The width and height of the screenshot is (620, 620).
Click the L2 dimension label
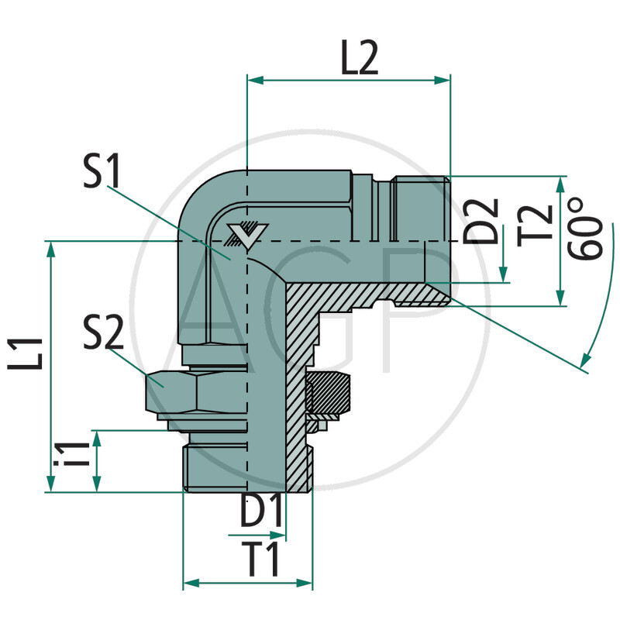coord(359,60)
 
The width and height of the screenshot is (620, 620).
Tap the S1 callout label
coord(103,172)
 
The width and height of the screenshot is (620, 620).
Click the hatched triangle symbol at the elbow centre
coord(249,234)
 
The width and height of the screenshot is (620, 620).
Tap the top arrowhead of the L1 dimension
coord(51,248)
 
